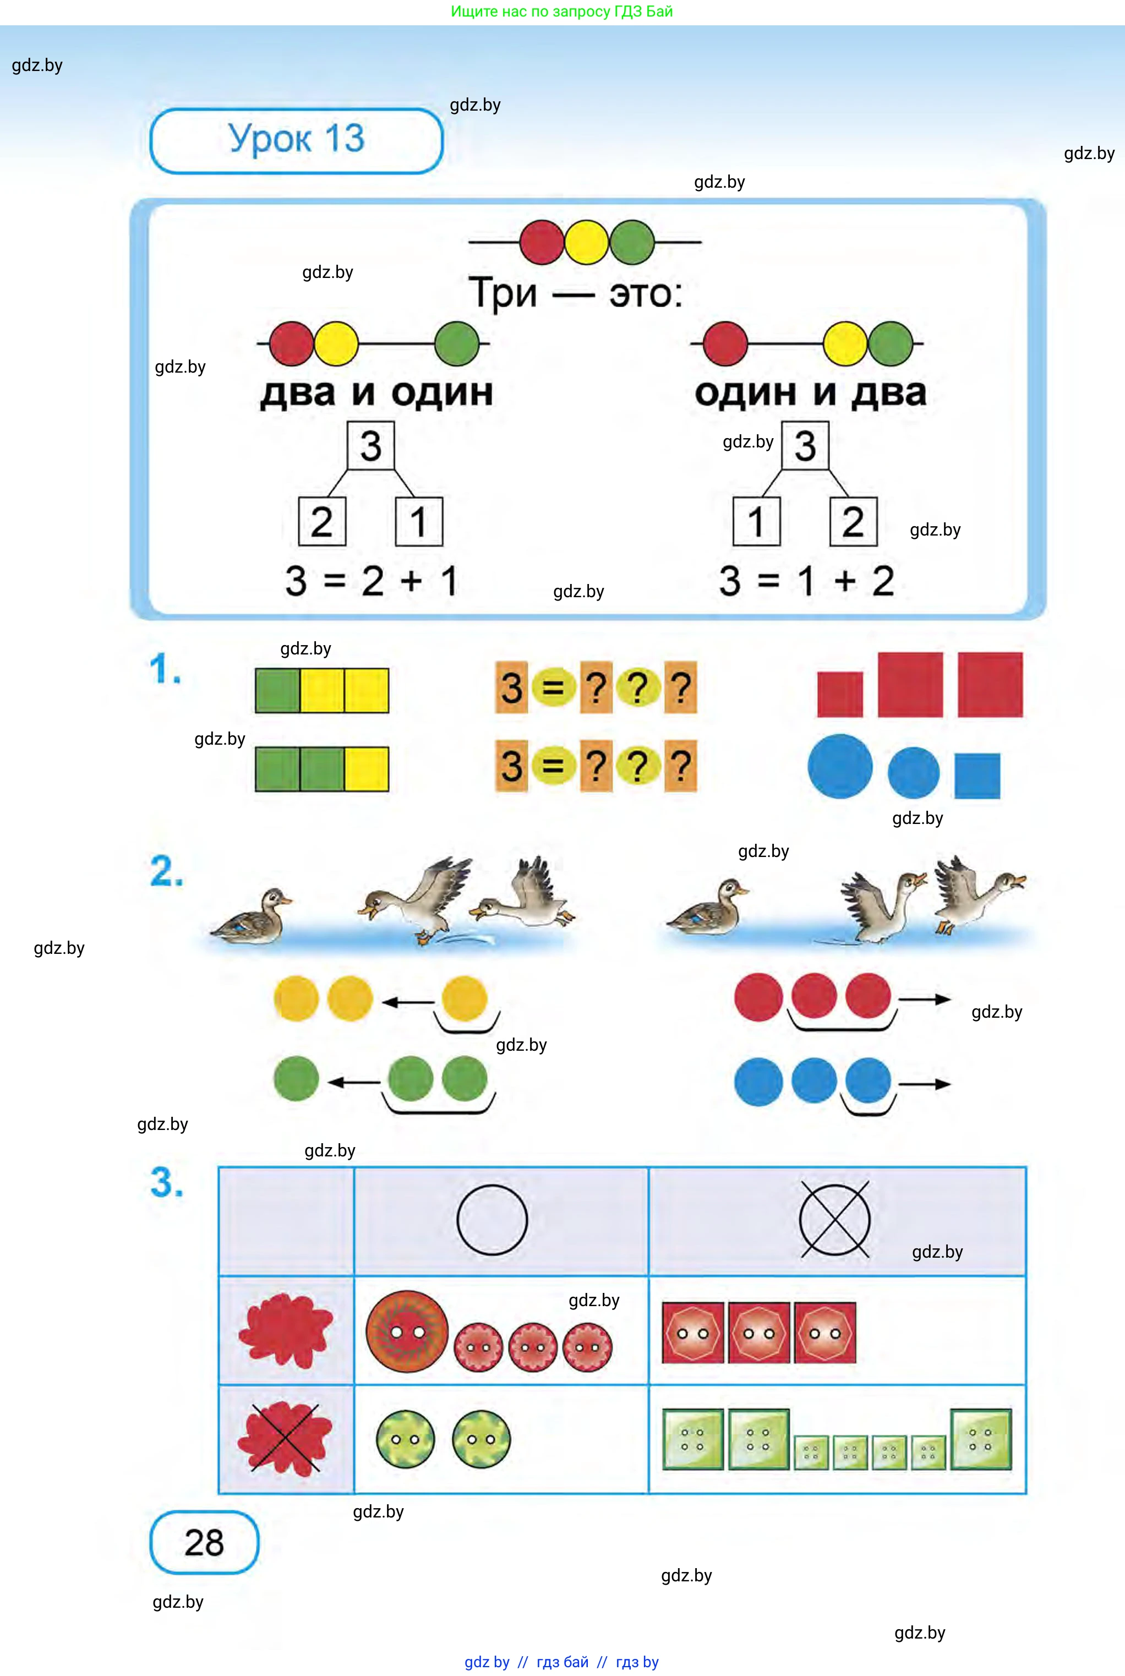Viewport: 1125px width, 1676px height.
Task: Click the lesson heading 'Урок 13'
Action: click(x=296, y=139)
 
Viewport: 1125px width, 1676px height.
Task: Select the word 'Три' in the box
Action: click(x=504, y=293)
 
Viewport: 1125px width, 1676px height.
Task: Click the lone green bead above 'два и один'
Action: click(x=456, y=343)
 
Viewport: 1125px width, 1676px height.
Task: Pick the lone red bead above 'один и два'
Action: click(x=725, y=343)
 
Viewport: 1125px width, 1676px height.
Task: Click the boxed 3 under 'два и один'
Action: click(x=370, y=446)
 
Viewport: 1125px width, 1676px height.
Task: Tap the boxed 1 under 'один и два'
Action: click(x=756, y=522)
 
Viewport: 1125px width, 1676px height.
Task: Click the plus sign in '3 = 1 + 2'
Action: click(x=846, y=581)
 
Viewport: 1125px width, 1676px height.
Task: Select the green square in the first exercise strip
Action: click(x=277, y=690)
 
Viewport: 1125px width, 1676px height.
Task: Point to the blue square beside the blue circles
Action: click(x=976, y=776)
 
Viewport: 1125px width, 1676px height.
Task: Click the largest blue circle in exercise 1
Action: click(x=839, y=766)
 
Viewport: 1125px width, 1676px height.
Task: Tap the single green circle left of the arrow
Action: click(x=296, y=1078)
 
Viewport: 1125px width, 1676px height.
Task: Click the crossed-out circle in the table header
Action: click(x=834, y=1220)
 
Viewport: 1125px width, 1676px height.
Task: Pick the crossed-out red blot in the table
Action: click(x=286, y=1438)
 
